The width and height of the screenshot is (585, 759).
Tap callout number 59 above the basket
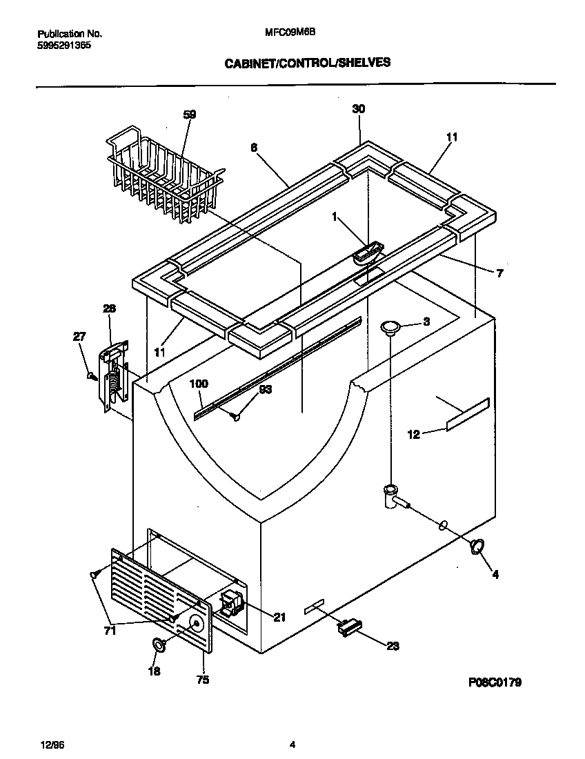coord(189,115)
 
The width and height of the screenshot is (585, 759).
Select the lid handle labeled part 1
coord(367,253)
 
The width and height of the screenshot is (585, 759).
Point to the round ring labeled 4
coord(475,547)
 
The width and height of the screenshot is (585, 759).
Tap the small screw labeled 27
coord(90,375)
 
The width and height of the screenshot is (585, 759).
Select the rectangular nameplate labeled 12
coord(468,415)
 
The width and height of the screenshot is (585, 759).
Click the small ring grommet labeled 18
coord(158,645)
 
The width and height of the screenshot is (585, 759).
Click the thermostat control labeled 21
coord(231,604)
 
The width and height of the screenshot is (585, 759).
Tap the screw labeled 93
coord(237,415)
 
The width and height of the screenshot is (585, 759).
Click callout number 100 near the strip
coord(199,384)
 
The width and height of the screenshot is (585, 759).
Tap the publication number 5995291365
coord(63,46)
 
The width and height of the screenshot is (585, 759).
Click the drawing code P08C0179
coord(494,682)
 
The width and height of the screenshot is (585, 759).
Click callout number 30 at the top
coord(359,108)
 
